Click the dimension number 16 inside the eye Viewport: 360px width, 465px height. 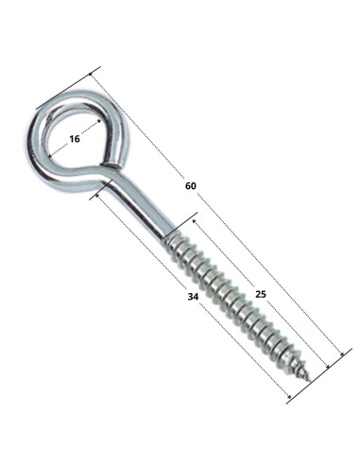tap(75, 139)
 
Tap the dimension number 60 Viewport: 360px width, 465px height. tap(191, 186)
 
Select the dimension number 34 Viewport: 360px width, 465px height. tap(193, 297)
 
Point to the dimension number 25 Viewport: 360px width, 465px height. tap(261, 294)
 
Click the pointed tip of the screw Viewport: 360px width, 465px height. tap(310, 381)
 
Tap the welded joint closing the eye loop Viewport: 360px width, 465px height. tap(111, 164)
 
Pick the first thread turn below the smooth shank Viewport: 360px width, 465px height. tap(172, 243)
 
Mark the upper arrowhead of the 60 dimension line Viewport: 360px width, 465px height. tap(92, 75)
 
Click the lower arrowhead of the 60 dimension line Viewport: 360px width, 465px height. tap(341, 355)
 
